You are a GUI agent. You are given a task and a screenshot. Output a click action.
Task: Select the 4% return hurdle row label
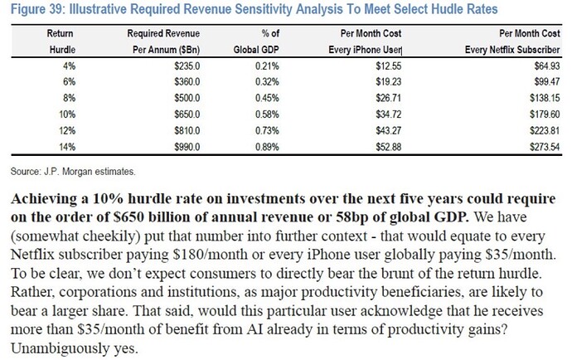[69, 66]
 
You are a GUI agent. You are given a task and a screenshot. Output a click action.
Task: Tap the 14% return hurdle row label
[67, 147]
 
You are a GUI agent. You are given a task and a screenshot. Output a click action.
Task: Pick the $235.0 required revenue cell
[187, 66]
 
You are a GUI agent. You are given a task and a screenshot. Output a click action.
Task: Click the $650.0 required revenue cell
[187, 114]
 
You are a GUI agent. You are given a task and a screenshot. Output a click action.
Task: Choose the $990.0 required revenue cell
[187, 147]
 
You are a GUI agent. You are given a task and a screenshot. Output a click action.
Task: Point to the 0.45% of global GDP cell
[267, 98]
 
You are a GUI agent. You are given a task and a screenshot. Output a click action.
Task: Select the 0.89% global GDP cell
[267, 147]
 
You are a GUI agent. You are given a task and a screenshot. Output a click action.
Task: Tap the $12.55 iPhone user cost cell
[389, 66]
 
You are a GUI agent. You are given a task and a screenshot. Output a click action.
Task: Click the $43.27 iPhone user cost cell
[389, 131]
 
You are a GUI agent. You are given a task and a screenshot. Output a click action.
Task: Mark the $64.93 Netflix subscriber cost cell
[547, 66]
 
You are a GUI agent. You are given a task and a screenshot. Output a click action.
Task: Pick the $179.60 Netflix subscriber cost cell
[545, 114]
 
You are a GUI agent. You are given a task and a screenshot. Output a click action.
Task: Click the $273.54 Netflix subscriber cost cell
[545, 147]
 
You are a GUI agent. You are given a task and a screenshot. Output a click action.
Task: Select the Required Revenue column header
[163, 33]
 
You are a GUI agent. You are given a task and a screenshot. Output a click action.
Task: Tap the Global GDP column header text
[256, 50]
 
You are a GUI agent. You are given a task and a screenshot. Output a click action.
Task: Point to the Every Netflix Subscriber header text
[512, 50]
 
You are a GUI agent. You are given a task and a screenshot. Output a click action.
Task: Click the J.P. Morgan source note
[73, 172]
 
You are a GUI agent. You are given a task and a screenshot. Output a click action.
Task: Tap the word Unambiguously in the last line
[61, 348]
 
